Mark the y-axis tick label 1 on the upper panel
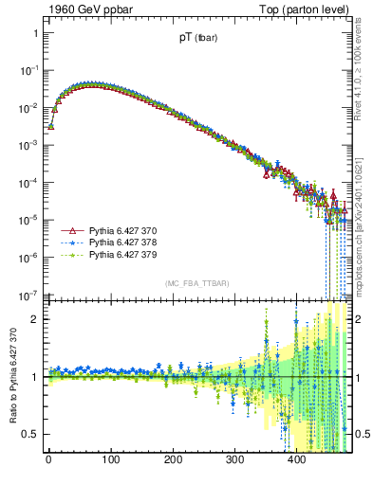(x=34, y=33)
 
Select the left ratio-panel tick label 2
(x=34, y=319)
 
